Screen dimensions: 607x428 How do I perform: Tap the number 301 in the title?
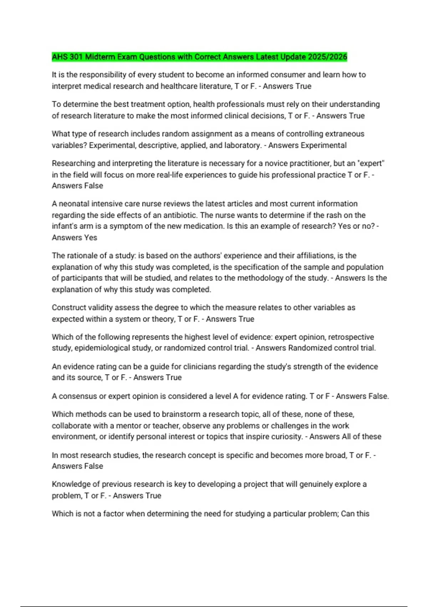(x=76, y=57)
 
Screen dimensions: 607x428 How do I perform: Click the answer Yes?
(x=91, y=237)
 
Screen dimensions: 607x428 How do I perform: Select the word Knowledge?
(x=71, y=484)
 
